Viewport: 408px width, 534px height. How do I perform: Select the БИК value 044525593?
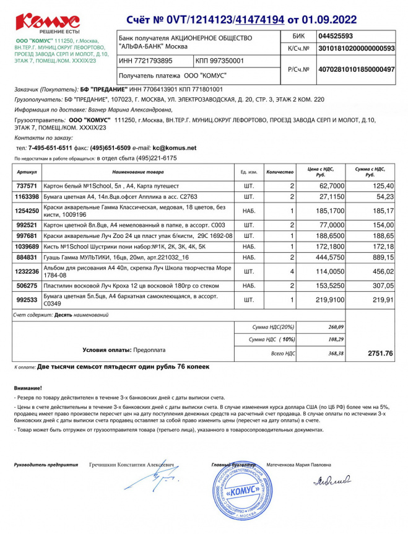coord(335,36)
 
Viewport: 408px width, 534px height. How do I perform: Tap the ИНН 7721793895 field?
coord(146,61)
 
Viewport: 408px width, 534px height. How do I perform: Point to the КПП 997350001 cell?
coord(220,61)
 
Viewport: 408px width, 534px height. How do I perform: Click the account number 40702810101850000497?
coord(355,69)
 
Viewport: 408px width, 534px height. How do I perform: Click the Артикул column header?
coord(27,171)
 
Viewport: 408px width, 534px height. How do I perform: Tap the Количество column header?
coord(279,171)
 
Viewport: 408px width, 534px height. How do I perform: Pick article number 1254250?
coord(27,211)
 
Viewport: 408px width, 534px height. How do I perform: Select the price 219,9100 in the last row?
coord(331,299)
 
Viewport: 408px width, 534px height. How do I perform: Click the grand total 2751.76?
coord(380,353)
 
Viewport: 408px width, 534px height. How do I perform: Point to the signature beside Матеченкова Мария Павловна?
coord(332,480)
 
